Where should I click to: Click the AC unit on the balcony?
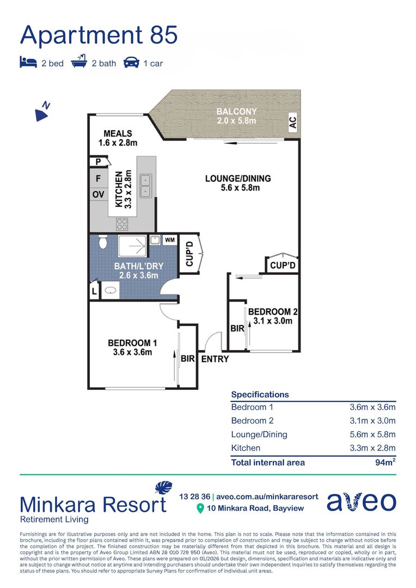293,122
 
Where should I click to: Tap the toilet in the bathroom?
102,242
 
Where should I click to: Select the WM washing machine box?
169,240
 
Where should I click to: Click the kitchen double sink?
145,186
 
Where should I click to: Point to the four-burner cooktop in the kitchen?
122,224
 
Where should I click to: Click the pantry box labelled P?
99,162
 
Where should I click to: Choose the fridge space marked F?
98,178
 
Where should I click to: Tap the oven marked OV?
98,194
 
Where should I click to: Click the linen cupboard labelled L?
94,291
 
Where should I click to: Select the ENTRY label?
215,359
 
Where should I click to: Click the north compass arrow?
42,112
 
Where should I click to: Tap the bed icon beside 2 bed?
28,62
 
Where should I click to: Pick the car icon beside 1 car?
131,63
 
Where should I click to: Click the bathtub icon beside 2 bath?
79,61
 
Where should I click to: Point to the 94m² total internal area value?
386,462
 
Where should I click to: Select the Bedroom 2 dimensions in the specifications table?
372,421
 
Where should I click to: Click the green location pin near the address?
200,509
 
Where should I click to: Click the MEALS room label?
118,133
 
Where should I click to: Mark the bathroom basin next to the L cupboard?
110,290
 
